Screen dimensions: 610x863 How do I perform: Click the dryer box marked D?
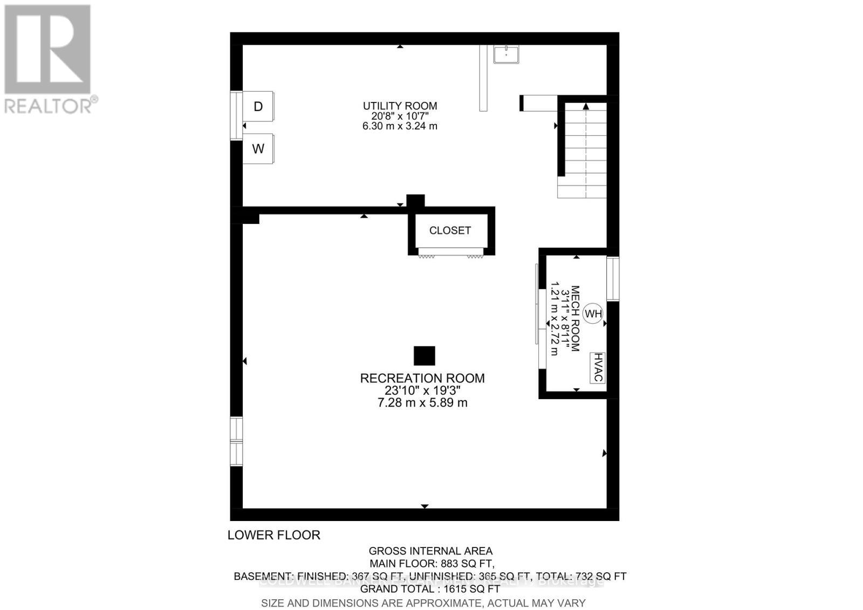[x=258, y=107]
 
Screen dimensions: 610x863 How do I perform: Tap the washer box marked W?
[x=258, y=148]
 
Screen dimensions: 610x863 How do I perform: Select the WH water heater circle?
[x=593, y=313]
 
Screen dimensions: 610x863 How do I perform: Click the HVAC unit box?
[x=597, y=367]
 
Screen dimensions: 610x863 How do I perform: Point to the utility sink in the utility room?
[x=506, y=54]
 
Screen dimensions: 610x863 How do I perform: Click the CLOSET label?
[x=450, y=230]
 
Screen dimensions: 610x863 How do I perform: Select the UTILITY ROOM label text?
[x=400, y=106]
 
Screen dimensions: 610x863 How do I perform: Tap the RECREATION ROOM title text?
[x=422, y=378]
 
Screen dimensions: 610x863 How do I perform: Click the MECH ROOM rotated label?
[x=574, y=319]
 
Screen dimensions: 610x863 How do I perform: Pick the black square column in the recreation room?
[x=424, y=356]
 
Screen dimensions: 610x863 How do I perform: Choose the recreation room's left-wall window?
[x=236, y=441]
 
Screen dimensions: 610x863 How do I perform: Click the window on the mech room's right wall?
[x=613, y=278]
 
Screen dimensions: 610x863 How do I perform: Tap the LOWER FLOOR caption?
[x=274, y=535]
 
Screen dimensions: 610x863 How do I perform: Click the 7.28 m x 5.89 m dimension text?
[x=422, y=403]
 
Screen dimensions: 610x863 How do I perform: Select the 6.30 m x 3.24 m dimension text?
[x=400, y=126]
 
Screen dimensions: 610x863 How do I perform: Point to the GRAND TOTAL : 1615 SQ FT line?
[x=430, y=589]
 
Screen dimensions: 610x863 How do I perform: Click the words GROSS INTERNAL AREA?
[x=430, y=551]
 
